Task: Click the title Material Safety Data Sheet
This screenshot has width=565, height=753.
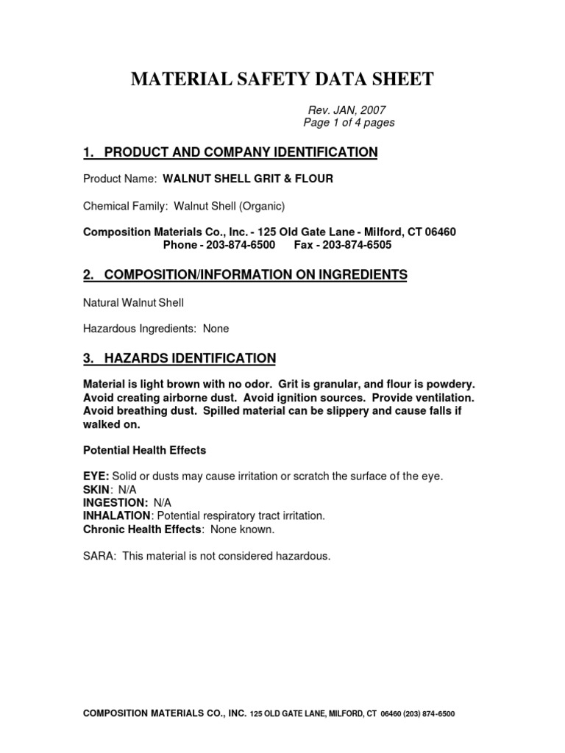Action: (282, 79)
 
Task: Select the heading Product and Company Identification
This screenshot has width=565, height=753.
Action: (230, 152)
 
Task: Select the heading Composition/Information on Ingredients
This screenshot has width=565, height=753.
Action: (245, 274)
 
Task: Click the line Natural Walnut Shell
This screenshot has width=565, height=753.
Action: (133, 302)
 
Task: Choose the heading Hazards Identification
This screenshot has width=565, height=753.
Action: (180, 358)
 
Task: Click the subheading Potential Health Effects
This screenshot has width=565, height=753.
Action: (144, 449)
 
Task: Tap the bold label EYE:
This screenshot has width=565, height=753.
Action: (96, 477)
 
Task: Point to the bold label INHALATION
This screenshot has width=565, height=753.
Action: (117, 515)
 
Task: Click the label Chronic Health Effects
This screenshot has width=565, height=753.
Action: (142, 529)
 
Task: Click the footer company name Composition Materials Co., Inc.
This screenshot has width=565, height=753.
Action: (165, 713)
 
